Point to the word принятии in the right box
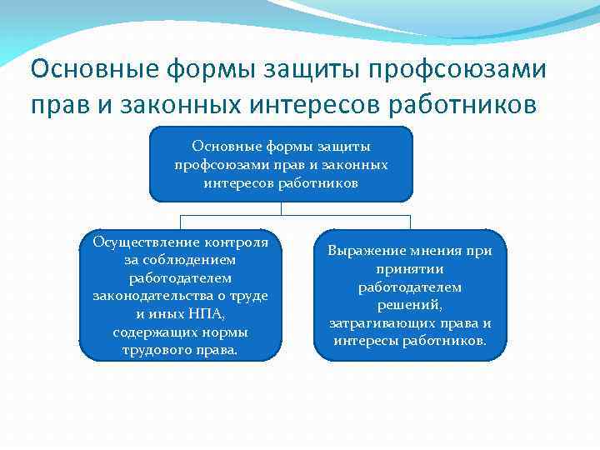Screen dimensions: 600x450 [x=409, y=269]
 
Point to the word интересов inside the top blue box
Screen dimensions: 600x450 [x=236, y=182]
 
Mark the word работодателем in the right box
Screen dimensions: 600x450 [x=409, y=287]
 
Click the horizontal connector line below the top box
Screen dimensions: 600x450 [x=296, y=216]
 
